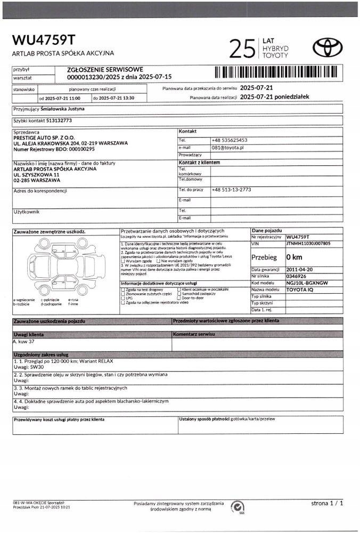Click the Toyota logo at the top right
(328, 48)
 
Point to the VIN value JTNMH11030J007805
(308, 243)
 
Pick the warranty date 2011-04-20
(300, 270)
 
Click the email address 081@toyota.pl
(227, 147)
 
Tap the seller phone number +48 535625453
(230, 140)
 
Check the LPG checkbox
(123, 298)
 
